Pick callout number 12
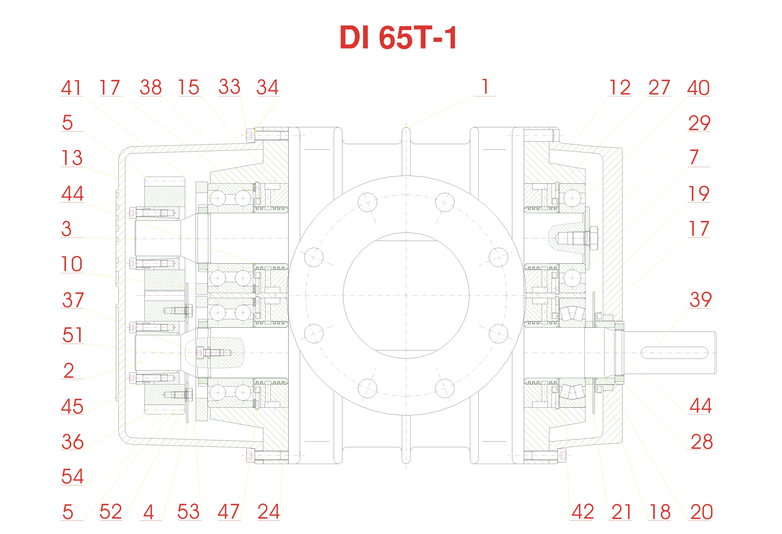[x=619, y=88]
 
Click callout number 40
[x=698, y=88]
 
